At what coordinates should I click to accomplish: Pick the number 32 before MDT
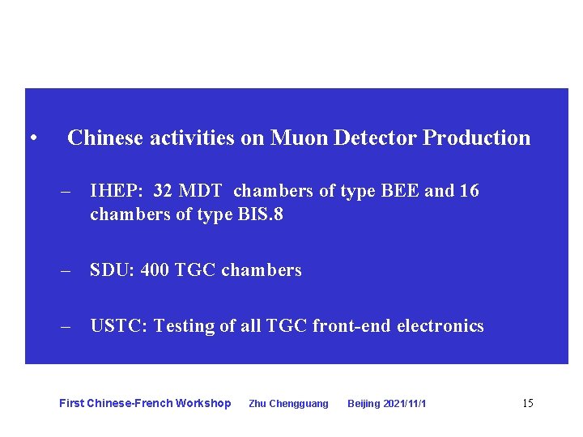tap(162, 191)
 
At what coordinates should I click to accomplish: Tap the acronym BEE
tap(398, 191)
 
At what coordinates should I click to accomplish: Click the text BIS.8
tap(260, 214)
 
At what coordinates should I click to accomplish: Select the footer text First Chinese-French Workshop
tap(145, 403)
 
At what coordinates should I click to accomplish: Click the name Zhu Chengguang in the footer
tap(288, 404)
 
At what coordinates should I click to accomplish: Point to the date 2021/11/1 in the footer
tap(406, 404)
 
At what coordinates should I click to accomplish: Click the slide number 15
tap(527, 403)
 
